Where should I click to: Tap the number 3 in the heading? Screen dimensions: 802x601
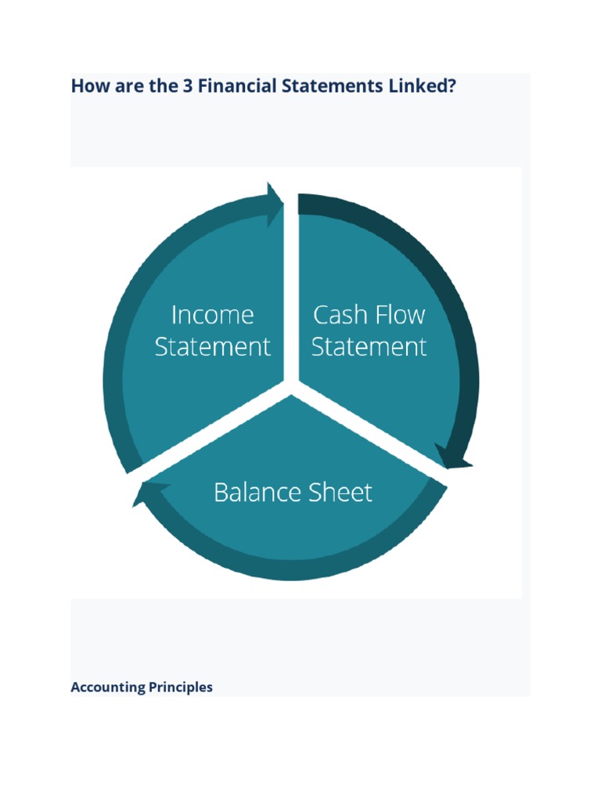click(188, 86)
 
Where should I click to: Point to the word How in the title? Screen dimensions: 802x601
click(88, 86)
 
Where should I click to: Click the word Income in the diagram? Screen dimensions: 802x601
click(212, 315)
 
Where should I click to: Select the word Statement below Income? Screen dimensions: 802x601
click(212, 346)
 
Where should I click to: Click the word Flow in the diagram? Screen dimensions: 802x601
click(399, 315)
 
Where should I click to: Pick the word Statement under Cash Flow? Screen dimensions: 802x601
click(369, 346)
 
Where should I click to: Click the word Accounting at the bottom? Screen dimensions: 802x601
click(108, 687)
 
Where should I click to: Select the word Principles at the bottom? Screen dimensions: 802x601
click(181, 687)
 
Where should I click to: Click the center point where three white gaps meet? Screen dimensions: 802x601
click(295, 382)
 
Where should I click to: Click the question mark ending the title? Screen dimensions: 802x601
click(452, 86)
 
